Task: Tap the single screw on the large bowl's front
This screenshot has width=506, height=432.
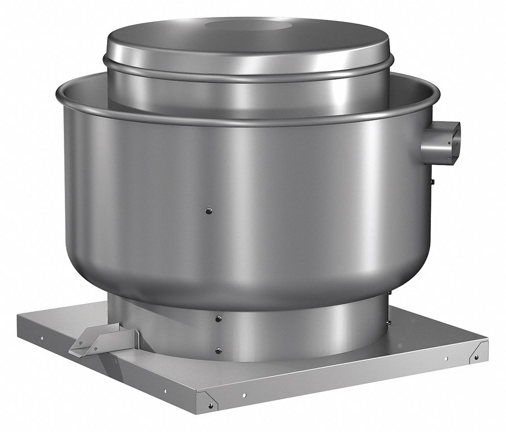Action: click(207, 210)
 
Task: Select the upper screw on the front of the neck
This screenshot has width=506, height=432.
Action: click(218, 319)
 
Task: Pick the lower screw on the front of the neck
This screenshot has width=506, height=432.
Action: click(218, 350)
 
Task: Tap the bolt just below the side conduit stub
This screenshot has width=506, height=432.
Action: click(432, 181)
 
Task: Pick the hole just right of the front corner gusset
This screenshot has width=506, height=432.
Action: click(244, 396)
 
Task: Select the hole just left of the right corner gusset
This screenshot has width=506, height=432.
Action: click(446, 359)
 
